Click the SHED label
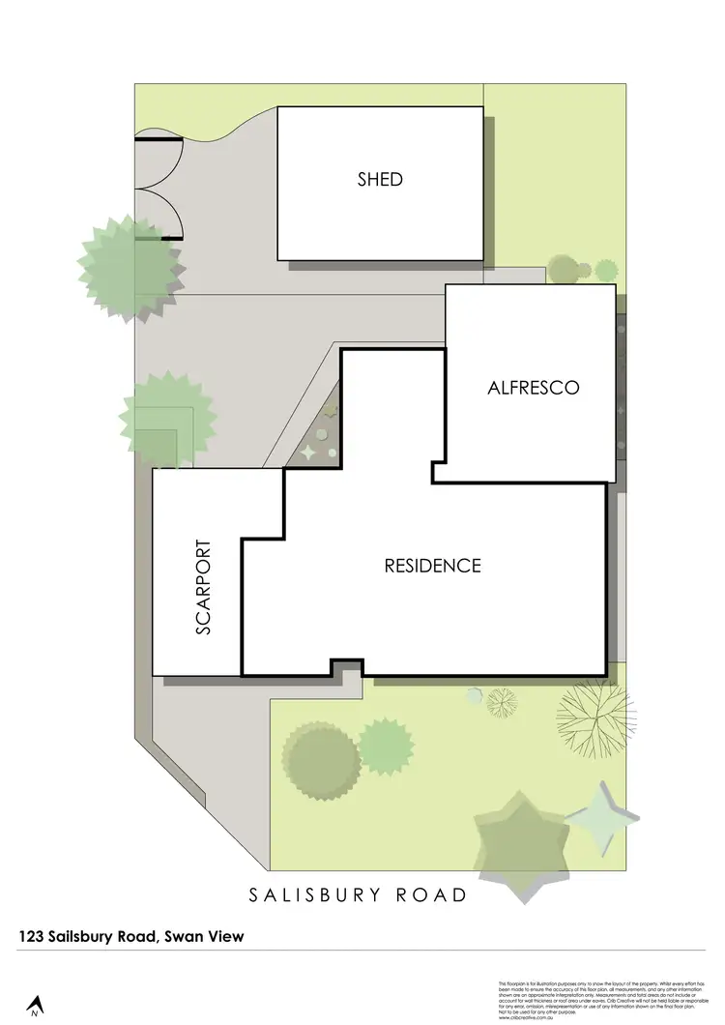pos(380,179)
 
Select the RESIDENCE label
pos(432,566)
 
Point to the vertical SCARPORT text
pos(203,587)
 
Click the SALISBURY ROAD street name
pos(358,894)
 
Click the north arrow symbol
pos(35,1006)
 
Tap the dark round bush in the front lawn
pos(320,761)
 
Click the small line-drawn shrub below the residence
pos(501,701)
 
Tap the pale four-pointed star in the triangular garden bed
pos(308,451)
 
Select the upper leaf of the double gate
pos(159,161)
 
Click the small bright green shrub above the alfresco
pos(605,269)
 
